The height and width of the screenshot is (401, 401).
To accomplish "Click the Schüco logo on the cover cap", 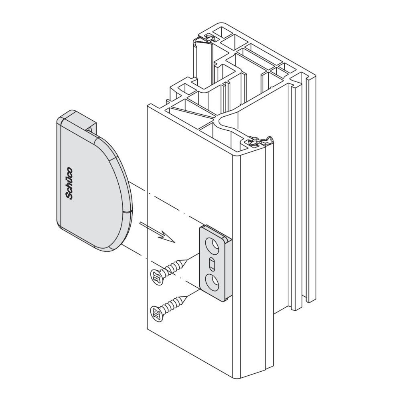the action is [x=69, y=183].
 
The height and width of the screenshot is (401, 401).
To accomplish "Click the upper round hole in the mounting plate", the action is [x=213, y=244].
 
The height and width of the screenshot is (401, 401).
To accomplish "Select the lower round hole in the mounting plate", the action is [x=213, y=281].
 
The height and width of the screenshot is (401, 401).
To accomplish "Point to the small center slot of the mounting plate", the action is [x=212, y=264].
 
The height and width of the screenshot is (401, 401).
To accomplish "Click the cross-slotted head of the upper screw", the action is [x=156, y=277].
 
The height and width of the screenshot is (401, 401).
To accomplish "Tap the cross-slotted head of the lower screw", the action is [x=156, y=313].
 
